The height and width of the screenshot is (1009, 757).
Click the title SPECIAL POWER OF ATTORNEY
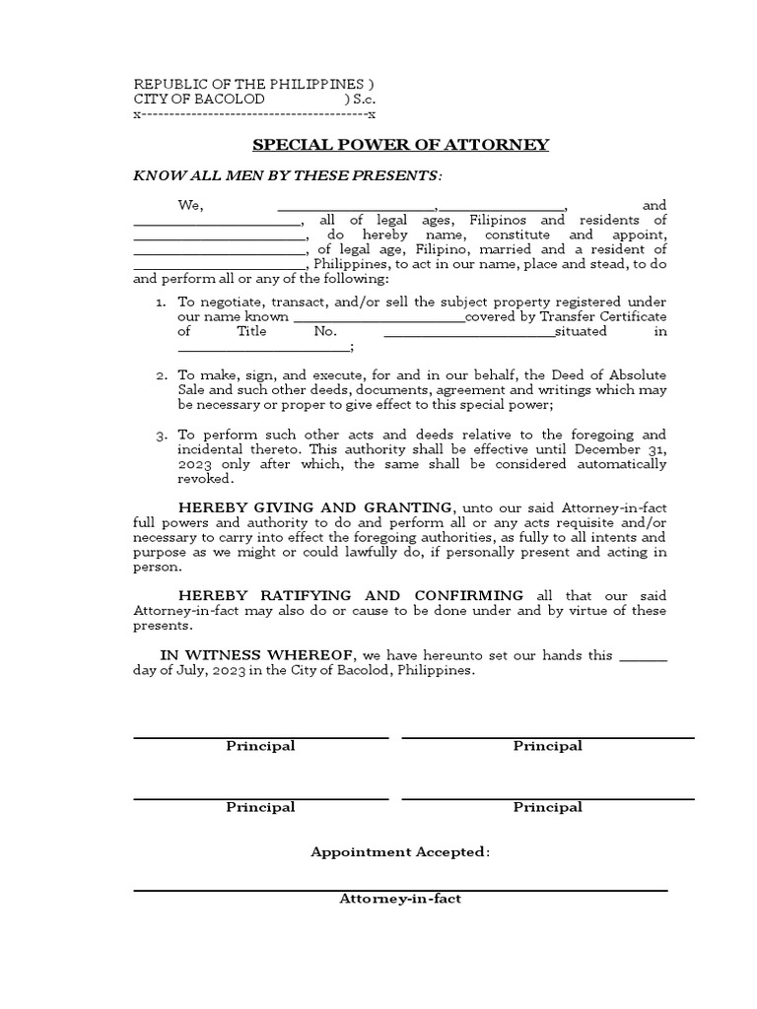click(x=400, y=145)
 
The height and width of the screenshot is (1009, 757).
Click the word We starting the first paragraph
click(x=189, y=205)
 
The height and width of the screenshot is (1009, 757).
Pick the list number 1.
click(x=161, y=302)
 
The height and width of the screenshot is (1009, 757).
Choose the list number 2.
click(x=161, y=376)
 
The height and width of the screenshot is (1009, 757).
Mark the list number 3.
click(x=161, y=435)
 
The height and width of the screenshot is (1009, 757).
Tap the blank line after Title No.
click(x=469, y=333)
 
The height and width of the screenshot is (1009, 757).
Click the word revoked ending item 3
click(x=204, y=479)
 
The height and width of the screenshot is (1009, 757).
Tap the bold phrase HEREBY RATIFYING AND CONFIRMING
click(x=351, y=595)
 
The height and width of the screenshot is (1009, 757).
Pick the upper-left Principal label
click(x=260, y=746)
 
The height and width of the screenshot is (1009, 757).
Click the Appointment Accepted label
click(x=400, y=852)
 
